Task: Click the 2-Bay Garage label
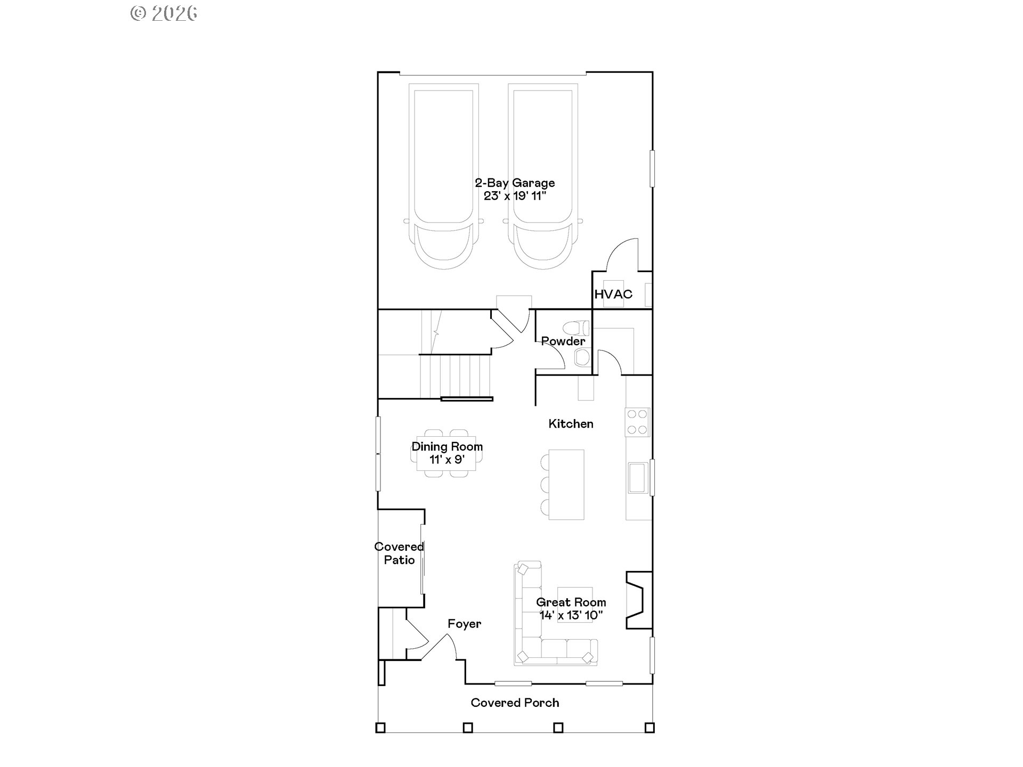point(515,183)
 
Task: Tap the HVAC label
point(613,294)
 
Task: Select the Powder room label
point(563,341)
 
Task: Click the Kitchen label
point(571,423)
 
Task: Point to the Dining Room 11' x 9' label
point(447,453)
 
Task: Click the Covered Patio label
point(399,553)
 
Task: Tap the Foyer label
point(464,624)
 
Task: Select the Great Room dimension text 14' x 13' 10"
point(571,616)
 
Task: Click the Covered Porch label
point(515,703)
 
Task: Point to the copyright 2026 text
point(164,13)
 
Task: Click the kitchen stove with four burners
point(638,422)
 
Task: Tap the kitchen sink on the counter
point(637,478)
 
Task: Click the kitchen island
point(566,485)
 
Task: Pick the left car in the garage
point(443,176)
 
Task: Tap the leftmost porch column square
point(380,727)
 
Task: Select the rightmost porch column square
point(649,727)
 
